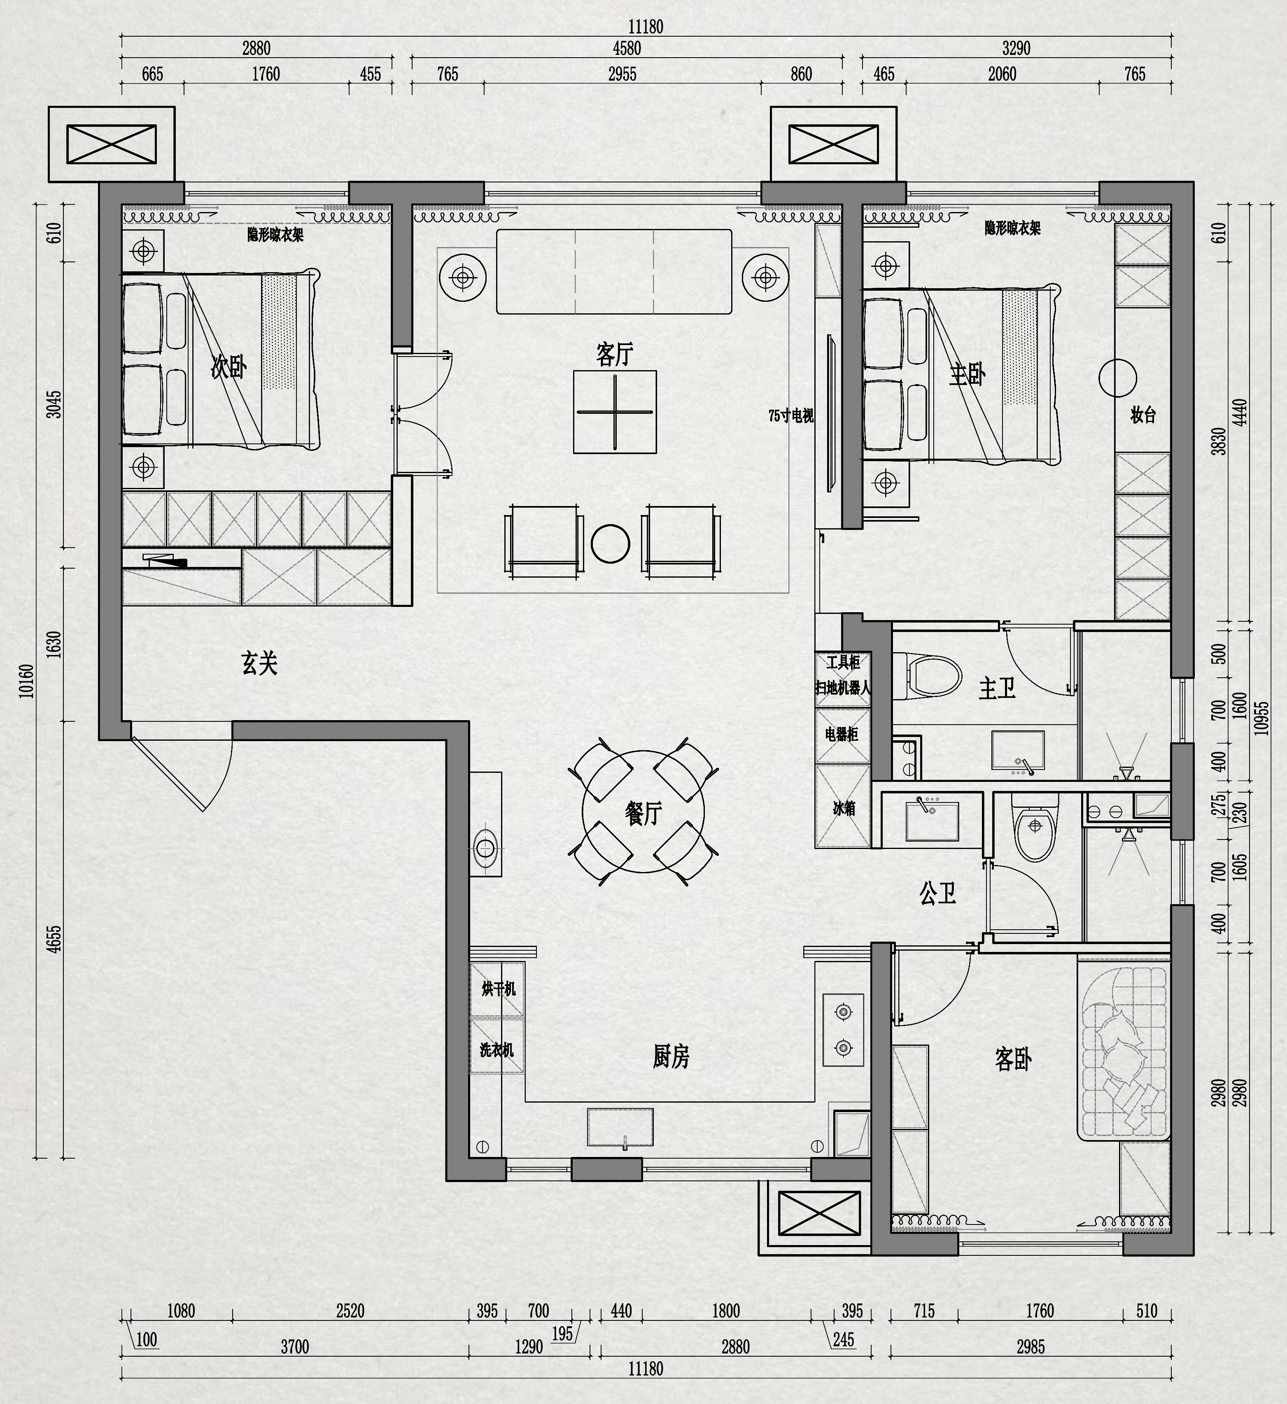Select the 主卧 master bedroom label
pos(968,375)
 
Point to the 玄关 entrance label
pos(260,662)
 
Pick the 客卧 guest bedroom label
pos(1013,1059)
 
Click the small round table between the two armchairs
pos(610,543)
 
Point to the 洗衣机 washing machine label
pos(497,1050)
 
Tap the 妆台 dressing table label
pos(1143,415)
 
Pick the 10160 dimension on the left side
pos(26,681)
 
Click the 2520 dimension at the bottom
pos(350,1311)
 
